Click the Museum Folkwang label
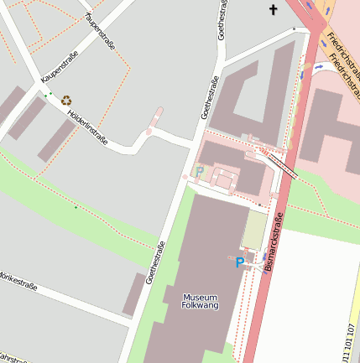pyautogui.click(x=201, y=302)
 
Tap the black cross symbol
pyautogui.click(x=272, y=10)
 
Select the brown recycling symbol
pyautogui.click(x=66, y=100)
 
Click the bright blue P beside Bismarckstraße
pyautogui.click(x=240, y=262)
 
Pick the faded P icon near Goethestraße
pyautogui.click(x=199, y=172)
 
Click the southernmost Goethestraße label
pyautogui.click(x=155, y=262)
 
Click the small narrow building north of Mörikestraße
pyautogui.click(x=133, y=294)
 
